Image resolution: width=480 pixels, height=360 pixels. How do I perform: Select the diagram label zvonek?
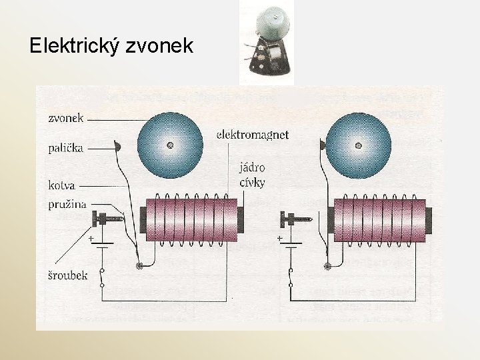(66, 119)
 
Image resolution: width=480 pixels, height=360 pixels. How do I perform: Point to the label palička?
(66, 147)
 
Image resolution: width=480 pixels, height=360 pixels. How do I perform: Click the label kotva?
(61, 185)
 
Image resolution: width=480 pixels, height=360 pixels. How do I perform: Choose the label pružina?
(67, 204)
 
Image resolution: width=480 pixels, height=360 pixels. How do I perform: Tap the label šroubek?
(67, 275)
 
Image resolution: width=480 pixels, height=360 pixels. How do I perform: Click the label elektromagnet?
(253, 135)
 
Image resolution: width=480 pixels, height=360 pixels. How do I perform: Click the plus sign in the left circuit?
(91, 238)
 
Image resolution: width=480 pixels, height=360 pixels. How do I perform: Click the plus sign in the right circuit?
(279, 238)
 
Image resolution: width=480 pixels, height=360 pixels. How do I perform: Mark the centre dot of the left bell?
(171, 145)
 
